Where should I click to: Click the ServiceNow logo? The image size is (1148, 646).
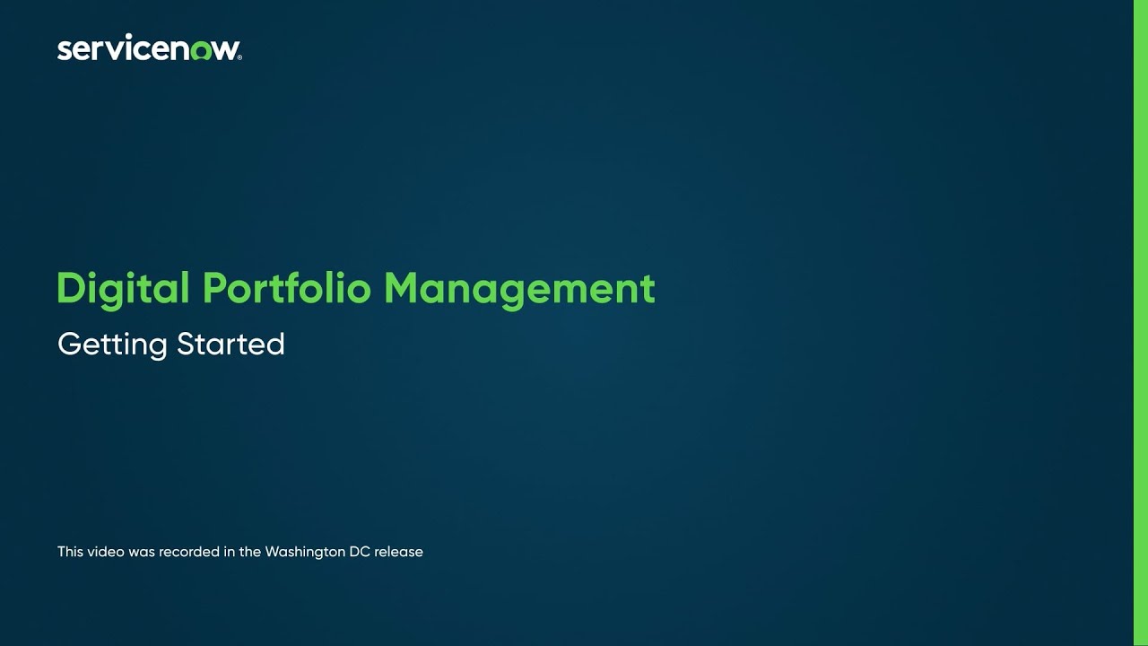pyautogui.click(x=149, y=48)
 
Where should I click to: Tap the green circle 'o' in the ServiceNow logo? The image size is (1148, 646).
pyautogui.click(x=200, y=50)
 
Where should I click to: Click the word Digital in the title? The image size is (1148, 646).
pyautogui.click(x=123, y=289)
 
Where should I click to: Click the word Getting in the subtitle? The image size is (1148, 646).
pyautogui.click(x=112, y=345)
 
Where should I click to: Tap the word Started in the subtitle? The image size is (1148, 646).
pyautogui.click(x=230, y=344)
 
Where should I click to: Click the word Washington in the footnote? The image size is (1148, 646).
pyautogui.click(x=305, y=552)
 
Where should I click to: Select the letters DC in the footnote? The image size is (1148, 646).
pyautogui.click(x=360, y=552)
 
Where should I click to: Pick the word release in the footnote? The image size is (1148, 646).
pyautogui.click(x=399, y=552)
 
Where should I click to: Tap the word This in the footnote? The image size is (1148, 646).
pyautogui.click(x=70, y=552)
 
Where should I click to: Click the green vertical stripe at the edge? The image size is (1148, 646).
pyautogui.click(x=1141, y=323)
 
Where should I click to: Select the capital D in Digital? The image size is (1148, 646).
pyautogui.click(x=69, y=289)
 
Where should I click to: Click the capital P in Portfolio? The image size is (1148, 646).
pyautogui.click(x=214, y=289)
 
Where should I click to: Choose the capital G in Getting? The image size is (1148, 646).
pyautogui.click(x=68, y=344)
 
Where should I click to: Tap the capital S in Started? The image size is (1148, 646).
pyautogui.click(x=186, y=344)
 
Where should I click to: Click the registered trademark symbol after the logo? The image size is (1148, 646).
pyautogui.click(x=239, y=57)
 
